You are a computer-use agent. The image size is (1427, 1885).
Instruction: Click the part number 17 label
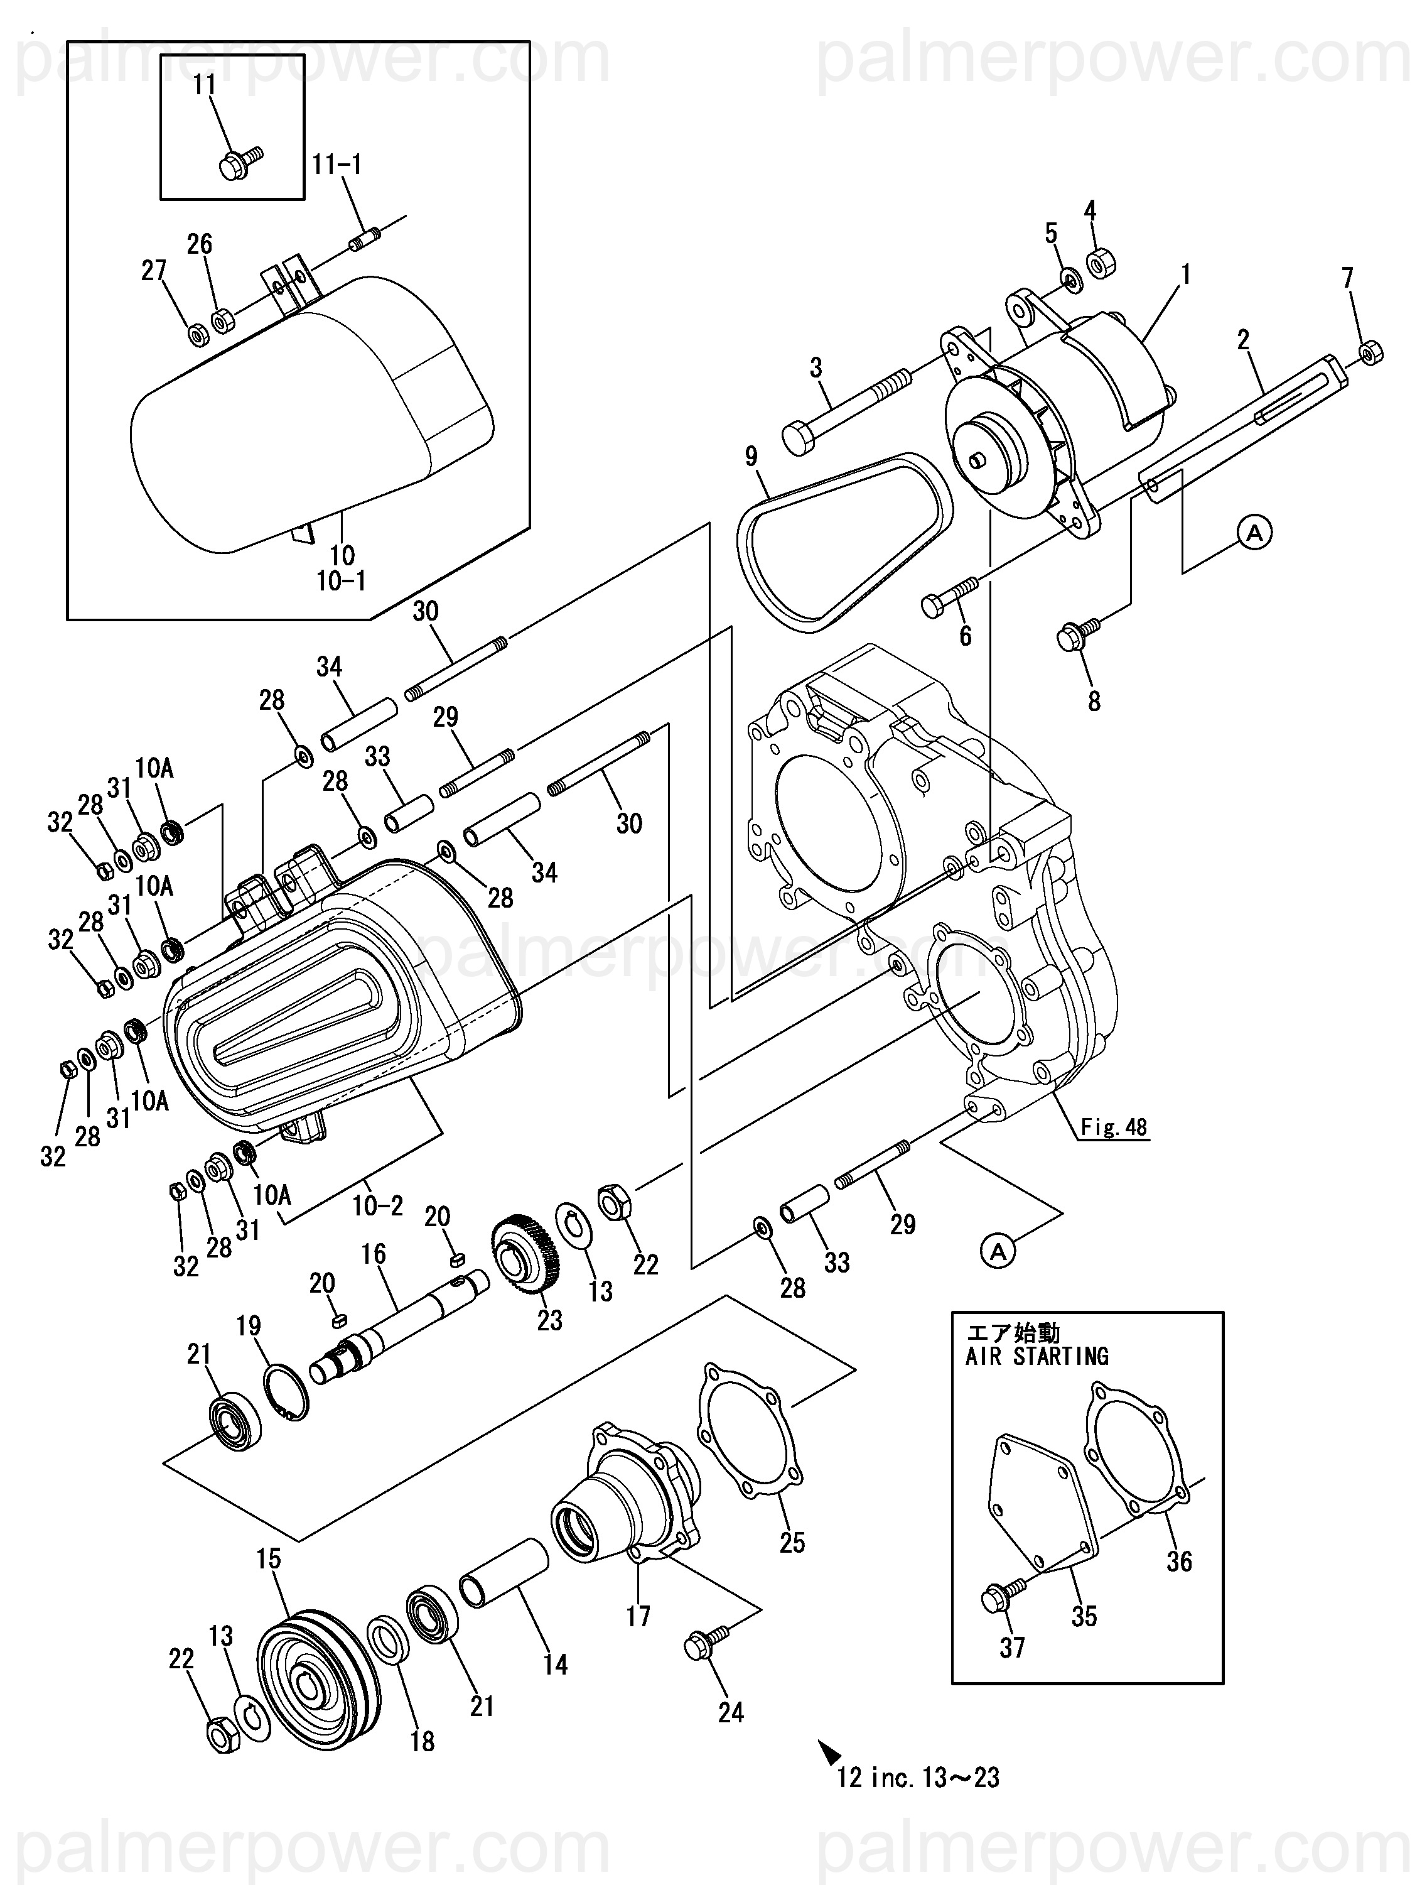point(638,1616)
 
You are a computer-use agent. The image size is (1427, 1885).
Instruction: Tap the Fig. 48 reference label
point(1114,1127)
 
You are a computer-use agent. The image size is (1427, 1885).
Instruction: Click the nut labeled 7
point(1370,352)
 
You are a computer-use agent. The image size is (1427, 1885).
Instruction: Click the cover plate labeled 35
point(1043,1501)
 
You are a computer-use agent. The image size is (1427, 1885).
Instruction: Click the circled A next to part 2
point(1254,533)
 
